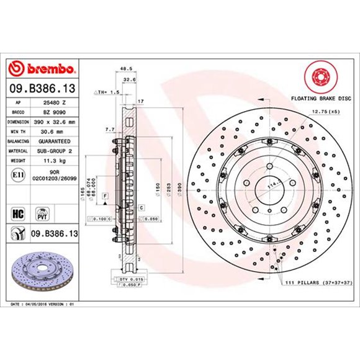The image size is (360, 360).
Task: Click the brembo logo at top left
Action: (x=42, y=67)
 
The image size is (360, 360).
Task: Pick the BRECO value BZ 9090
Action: (x=54, y=112)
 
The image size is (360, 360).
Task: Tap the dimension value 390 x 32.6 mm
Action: (x=55, y=122)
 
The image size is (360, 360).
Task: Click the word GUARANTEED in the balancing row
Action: (x=55, y=142)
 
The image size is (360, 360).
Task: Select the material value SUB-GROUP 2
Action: (x=55, y=151)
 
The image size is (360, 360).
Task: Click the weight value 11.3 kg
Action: (x=54, y=161)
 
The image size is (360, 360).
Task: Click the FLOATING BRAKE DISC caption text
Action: (x=320, y=98)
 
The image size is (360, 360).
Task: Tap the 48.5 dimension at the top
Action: (x=126, y=69)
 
